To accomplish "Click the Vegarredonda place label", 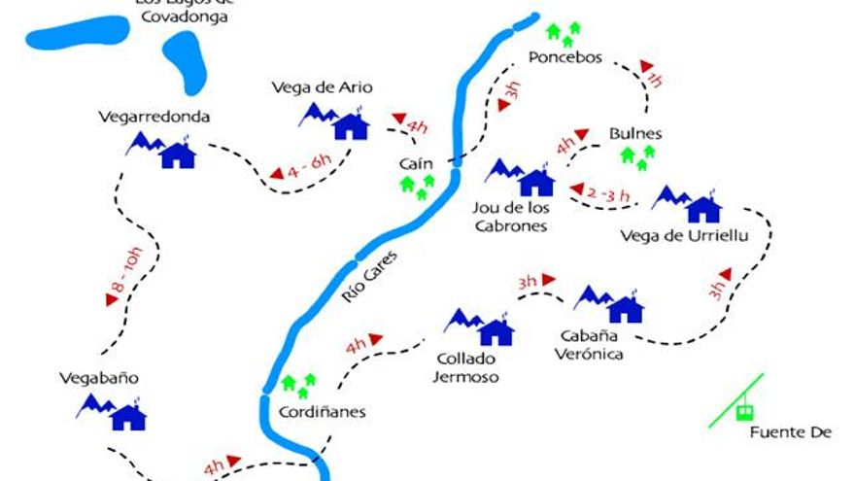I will click(x=154, y=117).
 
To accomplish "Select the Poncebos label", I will click(x=565, y=57).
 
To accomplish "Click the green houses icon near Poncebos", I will click(x=563, y=34).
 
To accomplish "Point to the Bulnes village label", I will click(x=635, y=133).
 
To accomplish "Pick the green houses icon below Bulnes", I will click(x=638, y=156).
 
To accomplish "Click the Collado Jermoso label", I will click(x=466, y=367).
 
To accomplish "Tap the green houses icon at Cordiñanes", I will click(x=299, y=384).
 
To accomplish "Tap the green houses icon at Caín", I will click(x=416, y=185).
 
